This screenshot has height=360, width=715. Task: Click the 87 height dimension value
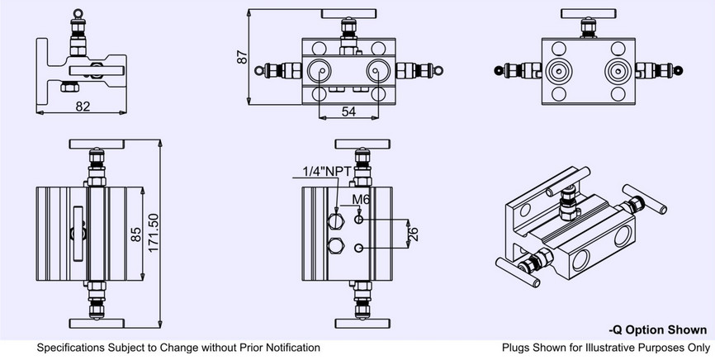click(x=243, y=58)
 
